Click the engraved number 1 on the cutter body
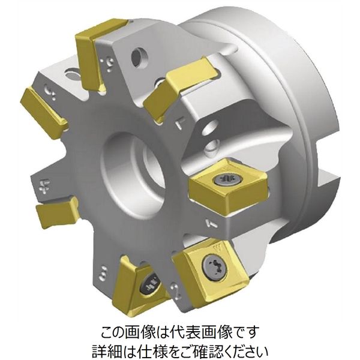click(211, 223)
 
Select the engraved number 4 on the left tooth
click(43, 185)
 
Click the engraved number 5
click(49, 92)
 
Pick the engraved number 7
click(179, 124)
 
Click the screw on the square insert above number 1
click(227, 179)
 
